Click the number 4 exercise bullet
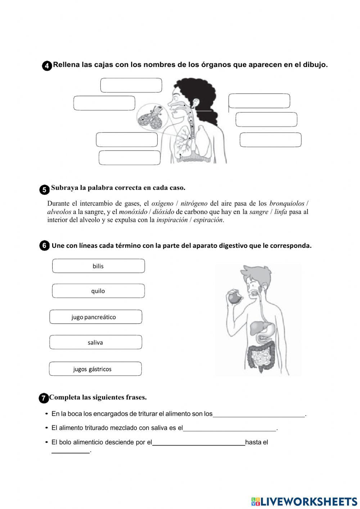pyautogui.click(x=47, y=66)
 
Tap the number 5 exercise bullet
pyautogui.click(x=44, y=190)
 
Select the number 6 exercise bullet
pyautogui.click(x=44, y=246)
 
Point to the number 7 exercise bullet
pyautogui.click(x=43, y=398)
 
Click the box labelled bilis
pyautogui.click(x=98, y=266)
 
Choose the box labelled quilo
pyautogui.click(x=98, y=291)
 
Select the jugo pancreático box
pyautogui.click(x=95, y=317)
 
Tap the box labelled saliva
pyautogui.click(x=95, y=343)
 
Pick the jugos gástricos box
pyautogui.click(x=95, y=369)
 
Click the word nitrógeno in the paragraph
pyautogui.click(x=194, y=204)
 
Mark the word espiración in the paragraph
pyautogui.click(x=208, y=220)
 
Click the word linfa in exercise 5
pyautogui.click(x=280, y=212)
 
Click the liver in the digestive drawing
pyautogui.click(x=258, y=328)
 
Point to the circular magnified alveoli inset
pyautogui.click(x=150, y=117)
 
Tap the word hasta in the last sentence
pyautogui.click(x=253, y=442)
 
